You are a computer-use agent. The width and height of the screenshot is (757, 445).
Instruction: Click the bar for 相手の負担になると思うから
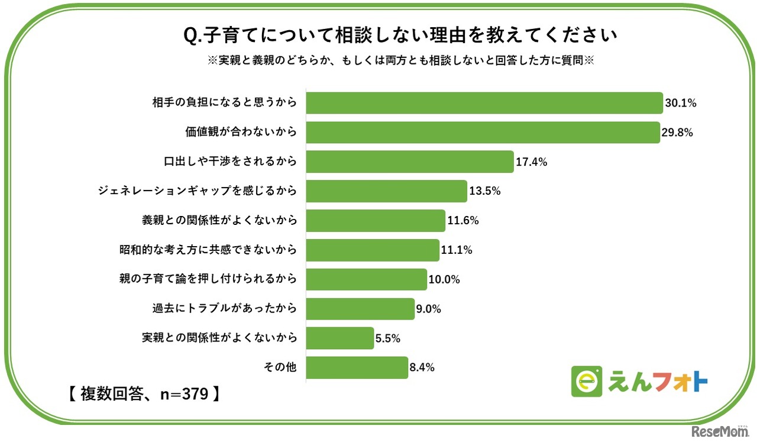click(484, 103)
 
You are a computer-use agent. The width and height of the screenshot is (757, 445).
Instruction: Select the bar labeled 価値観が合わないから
click(483, 133)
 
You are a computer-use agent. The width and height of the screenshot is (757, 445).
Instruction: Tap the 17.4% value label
click(531, 162)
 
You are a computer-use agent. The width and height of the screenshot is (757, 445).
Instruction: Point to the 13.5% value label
click(485, 191)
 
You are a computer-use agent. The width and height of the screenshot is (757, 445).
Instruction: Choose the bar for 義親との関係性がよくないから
click(376, 221)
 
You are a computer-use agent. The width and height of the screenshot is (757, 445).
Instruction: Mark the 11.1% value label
click(457, 250)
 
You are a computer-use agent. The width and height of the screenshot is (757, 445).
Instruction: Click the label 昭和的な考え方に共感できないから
click(208, 250)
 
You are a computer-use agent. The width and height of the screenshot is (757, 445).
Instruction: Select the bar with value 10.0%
click(366, 279)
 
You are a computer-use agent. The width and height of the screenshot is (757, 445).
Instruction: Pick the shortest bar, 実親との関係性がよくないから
click(340, 338)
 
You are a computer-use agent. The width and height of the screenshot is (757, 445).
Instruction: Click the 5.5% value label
click(388, 338)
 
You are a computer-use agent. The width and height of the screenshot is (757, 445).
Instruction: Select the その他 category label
click(280, 367)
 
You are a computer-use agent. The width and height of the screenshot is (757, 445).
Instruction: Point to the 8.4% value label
click(422, 367)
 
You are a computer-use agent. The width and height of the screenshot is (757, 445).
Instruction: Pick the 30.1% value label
click(681, 103)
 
